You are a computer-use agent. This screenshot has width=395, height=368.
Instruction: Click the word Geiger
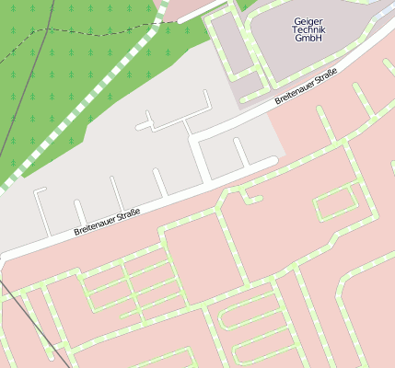click(309, 20)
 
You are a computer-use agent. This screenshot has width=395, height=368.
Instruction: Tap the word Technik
click(309, 29)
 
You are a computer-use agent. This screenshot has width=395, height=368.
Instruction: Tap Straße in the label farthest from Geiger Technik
click(128, 215)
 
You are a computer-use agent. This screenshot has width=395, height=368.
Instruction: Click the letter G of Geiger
click(297, 20)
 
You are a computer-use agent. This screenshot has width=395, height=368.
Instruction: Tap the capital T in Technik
click(296, 29)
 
